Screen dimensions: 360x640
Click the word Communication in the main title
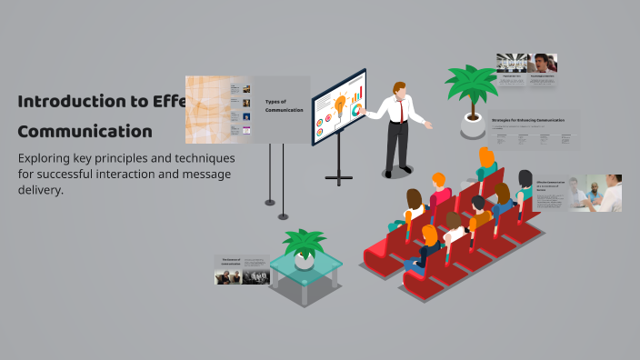[x=85, y=130]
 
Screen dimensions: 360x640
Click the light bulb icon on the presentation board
[x=341, y=105]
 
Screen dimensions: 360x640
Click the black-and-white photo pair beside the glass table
[x=242, y=275]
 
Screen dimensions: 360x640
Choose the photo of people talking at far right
[x=604, y=193]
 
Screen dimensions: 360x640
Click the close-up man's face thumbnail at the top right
[x=543, y=63]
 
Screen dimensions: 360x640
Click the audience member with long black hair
[x=525, y=183]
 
